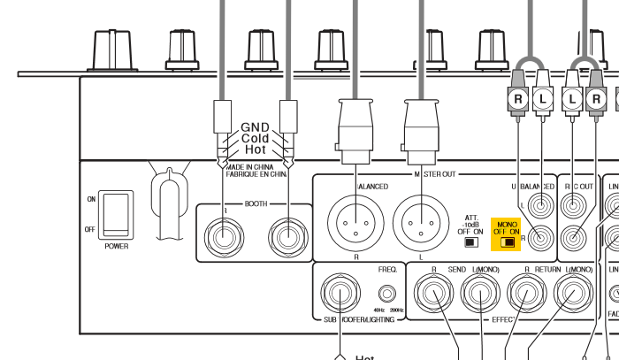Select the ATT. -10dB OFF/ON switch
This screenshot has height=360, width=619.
point(470,241)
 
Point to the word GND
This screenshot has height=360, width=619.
point(254,127)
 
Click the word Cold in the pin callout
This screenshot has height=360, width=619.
point(255,139)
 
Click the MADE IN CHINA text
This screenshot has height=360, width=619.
point(255,166)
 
